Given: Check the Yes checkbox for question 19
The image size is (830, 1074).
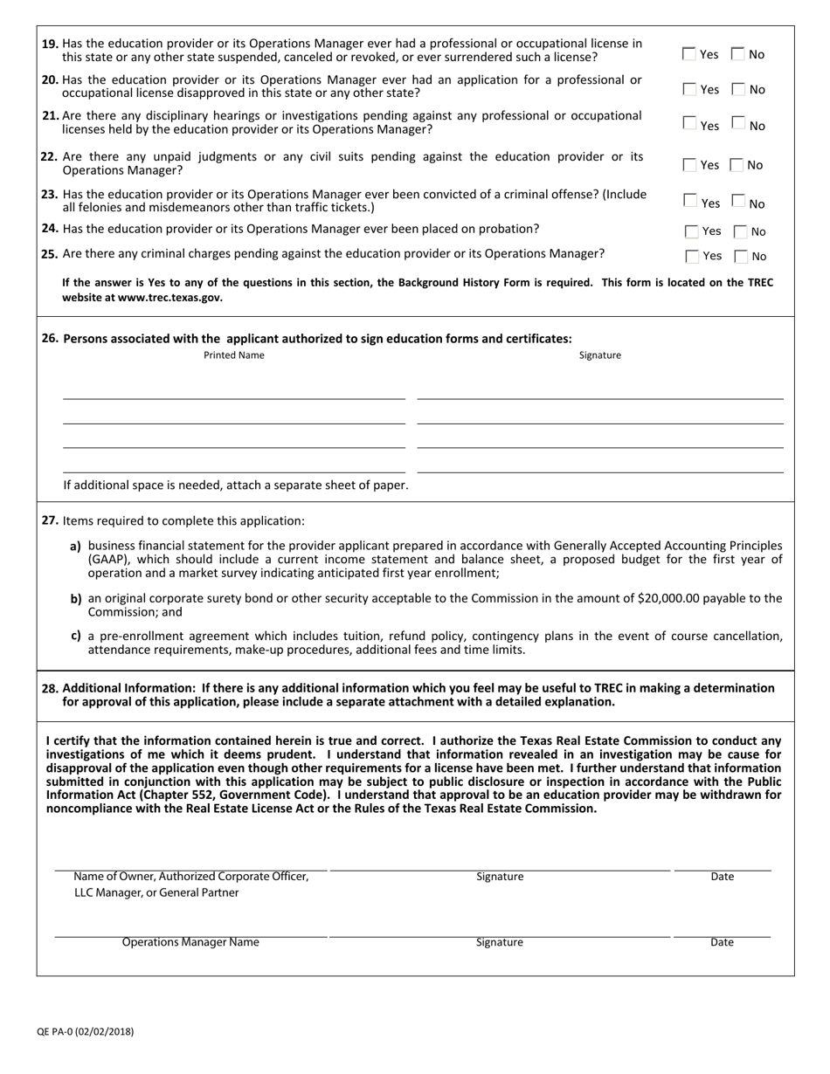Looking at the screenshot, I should tap(688, 54).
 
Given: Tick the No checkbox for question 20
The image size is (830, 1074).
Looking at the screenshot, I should tap(737, 89).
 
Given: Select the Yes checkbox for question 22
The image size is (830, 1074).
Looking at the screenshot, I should tap(689, 164).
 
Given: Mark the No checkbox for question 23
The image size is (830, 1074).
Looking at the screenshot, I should tap(737, 203).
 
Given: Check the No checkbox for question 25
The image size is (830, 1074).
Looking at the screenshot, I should tap(741, 257).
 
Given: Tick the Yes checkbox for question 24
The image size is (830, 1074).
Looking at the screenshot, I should tap(692, 231).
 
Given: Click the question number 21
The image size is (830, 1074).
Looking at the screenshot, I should tap(51, 115).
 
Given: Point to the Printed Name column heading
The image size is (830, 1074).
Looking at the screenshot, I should tap(233, 355).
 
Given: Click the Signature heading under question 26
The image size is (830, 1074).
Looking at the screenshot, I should tap(600, 355).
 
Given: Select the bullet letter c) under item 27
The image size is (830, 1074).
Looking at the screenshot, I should tap(76, 636).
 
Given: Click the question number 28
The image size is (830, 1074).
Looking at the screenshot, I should tap(51, 688).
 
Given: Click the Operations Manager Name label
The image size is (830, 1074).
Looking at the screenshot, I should tap(190, 942).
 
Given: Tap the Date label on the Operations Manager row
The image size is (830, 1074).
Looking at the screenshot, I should tap(722, 942).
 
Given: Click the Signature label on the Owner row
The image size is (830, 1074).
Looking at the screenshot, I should tap(500, 877).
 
